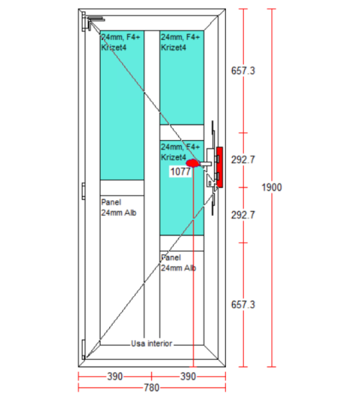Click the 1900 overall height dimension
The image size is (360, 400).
272,187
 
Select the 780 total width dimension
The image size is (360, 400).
151,388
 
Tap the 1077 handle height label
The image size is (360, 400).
181,171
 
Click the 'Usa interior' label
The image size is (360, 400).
151,343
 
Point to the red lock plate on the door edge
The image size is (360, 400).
219,167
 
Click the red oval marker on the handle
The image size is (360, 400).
193,163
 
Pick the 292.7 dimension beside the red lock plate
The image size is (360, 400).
243,160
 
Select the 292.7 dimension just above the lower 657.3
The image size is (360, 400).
243,215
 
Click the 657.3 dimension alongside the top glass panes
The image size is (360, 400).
243,71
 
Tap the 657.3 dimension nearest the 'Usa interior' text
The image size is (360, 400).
243,305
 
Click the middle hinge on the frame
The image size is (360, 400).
83,191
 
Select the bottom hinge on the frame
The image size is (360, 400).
83,349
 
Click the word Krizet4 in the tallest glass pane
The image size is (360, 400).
114,48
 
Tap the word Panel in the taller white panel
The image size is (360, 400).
111,202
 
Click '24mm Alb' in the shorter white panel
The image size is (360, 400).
179,268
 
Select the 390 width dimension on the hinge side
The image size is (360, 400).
115,377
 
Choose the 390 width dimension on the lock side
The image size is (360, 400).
188,377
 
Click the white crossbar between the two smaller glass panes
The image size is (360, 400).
181,133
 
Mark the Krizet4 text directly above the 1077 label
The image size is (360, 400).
173,157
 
